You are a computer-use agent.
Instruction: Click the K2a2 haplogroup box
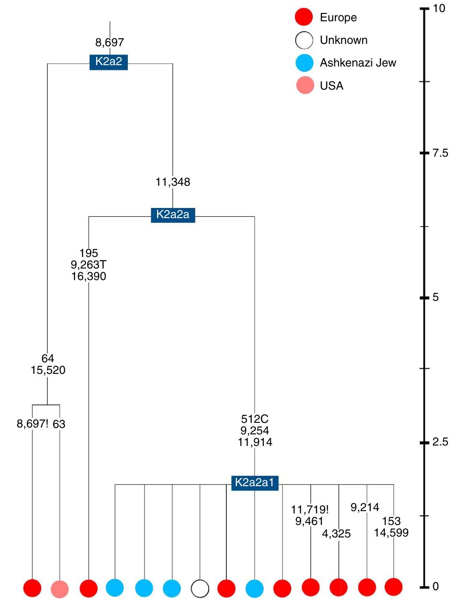(x=109, y=61)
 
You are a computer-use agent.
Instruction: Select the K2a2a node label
(x=173, y=214)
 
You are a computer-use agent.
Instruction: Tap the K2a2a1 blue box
(x=254, y=482)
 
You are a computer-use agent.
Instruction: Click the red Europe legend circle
(x=304, y=17)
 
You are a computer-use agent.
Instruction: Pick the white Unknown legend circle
(x=304, y=40)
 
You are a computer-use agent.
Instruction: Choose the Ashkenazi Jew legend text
(x=357, y=63)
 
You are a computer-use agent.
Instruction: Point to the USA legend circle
(x=305, y=85)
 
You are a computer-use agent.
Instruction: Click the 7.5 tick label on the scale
(x=440, y=153)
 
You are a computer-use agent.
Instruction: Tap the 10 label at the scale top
(x=439, y=8)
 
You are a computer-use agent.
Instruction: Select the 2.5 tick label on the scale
(x=440, y=442)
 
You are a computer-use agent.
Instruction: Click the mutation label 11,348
(x=173, y=182)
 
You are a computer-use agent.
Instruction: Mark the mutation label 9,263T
(x=88, y=265)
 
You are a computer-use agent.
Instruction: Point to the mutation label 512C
(x=254, y=419)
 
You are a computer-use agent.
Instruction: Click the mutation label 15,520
(x=48, y=370)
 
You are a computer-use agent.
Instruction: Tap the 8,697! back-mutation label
(x=32, y=424)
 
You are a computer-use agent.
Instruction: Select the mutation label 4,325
(x=336, y=534)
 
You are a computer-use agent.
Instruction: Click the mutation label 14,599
(x=391, y=533)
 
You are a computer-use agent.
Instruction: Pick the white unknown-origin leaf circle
(x=200, y=589)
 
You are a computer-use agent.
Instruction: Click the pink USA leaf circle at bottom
(x=60, y=589)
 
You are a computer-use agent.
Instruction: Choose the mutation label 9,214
(x=365, y=507)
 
